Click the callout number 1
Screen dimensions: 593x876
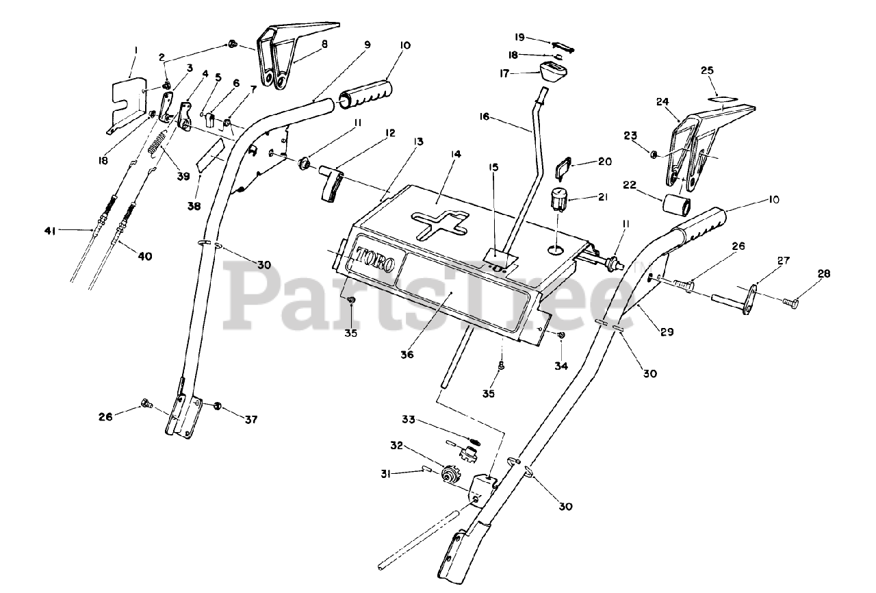tap(136, 49)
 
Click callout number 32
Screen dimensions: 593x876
tap(415, 446)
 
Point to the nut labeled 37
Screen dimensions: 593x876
tap(217, 406)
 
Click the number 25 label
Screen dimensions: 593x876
tap(707, 71)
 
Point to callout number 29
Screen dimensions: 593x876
tap(667, 332)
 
